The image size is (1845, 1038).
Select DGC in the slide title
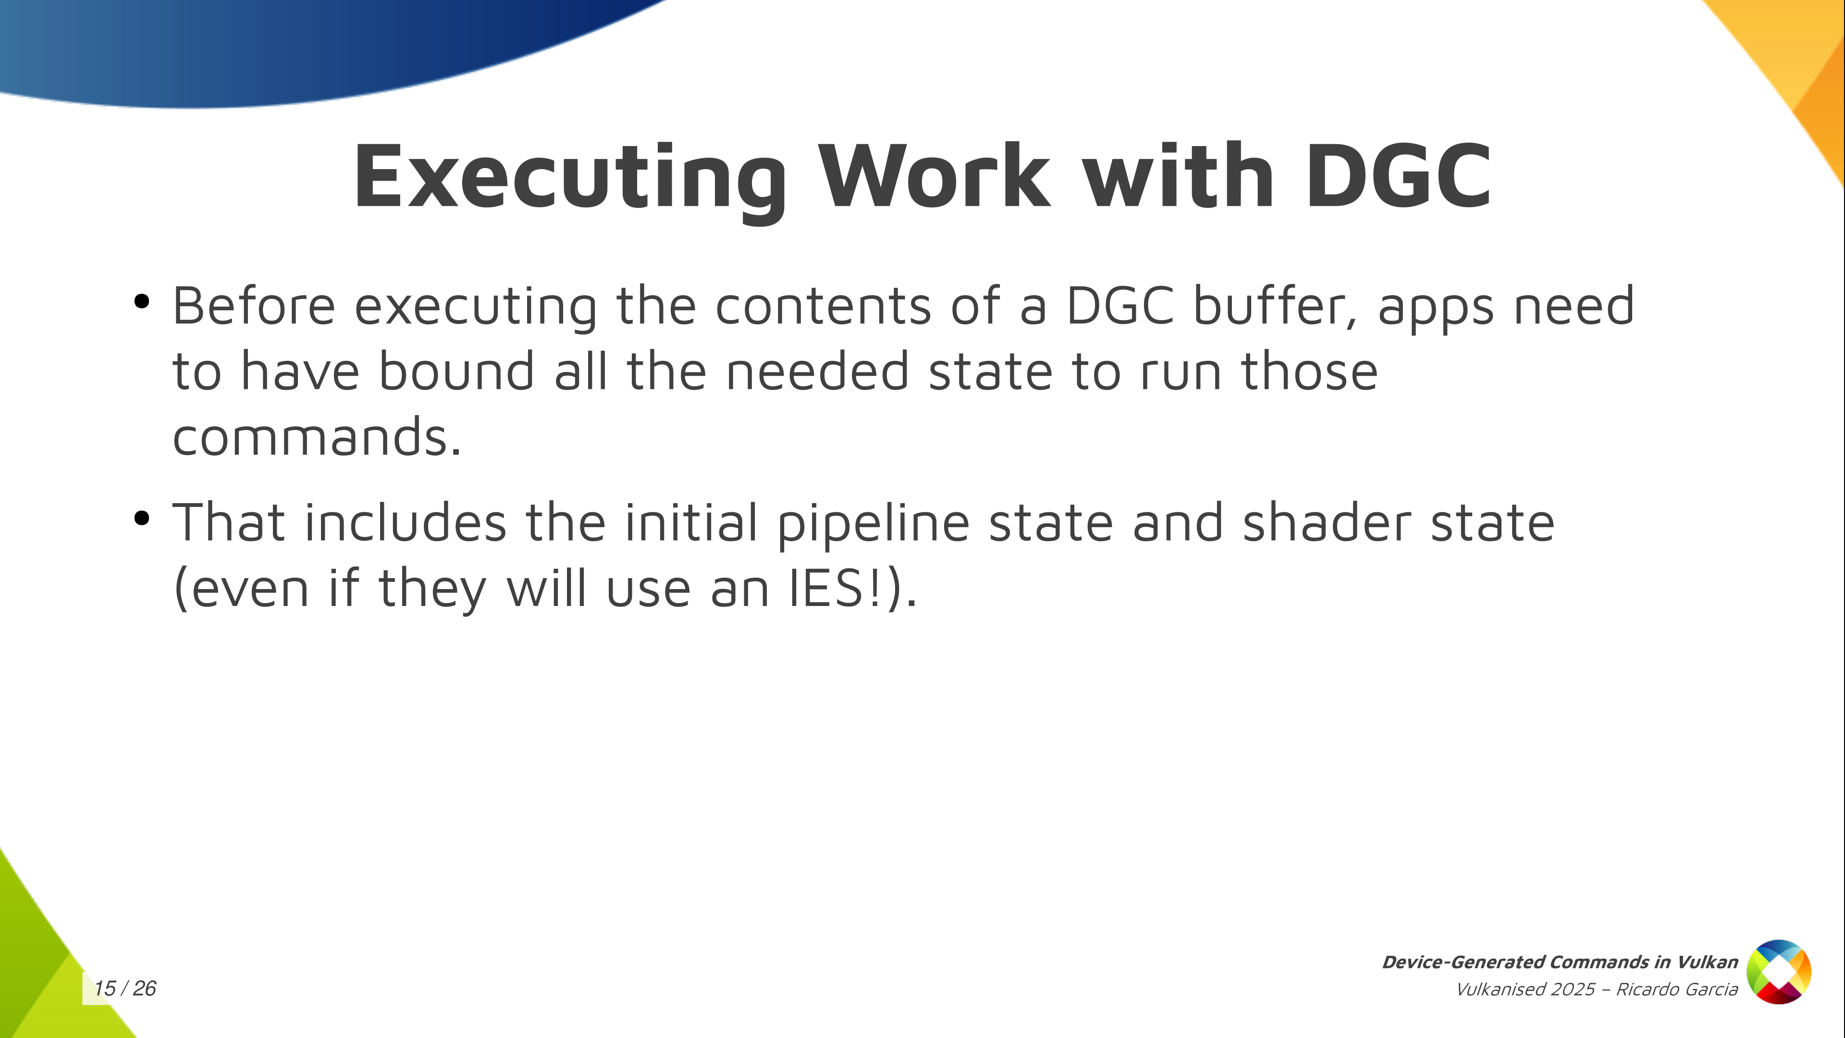[1399, 175]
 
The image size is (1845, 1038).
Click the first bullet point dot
[141, 302]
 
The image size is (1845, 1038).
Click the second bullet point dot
[141, 518]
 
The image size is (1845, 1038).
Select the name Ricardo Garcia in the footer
[1677, 989]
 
